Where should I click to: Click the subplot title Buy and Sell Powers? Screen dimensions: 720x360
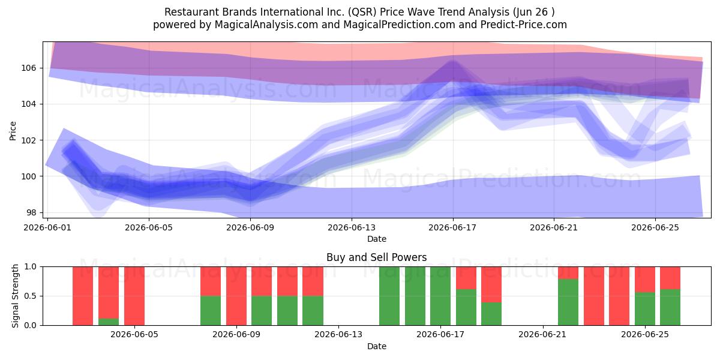[376, 257]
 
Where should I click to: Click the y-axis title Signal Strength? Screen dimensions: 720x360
[15, 296]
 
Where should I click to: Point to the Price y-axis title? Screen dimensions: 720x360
[13, 131]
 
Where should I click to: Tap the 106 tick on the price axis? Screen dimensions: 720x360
[29, 68]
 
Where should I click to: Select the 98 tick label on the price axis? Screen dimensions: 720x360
[31, 213]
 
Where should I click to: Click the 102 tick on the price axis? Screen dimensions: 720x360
[29, 140]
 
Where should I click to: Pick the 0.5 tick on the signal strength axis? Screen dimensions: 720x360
[30, 296]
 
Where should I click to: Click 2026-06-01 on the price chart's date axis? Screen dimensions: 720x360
[47, 227]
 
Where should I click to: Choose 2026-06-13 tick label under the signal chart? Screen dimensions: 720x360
[338, 335]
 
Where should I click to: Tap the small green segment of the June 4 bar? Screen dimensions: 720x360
[109, 322]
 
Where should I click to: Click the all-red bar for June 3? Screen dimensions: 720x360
[83, 296]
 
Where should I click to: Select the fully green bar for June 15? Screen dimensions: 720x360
[389, 296]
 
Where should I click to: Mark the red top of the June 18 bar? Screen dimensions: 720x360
[466, 278]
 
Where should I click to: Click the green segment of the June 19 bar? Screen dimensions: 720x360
[491, 314]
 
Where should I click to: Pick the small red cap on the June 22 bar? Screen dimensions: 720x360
[568, 273]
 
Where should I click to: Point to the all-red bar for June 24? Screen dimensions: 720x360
[619, 296]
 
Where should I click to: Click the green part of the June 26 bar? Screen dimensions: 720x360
[670, 307]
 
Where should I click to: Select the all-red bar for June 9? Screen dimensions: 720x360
[236, 296]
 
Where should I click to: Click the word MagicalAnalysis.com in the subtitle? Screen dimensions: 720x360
[266, 25]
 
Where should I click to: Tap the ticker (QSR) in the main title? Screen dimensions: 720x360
[362, 12]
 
